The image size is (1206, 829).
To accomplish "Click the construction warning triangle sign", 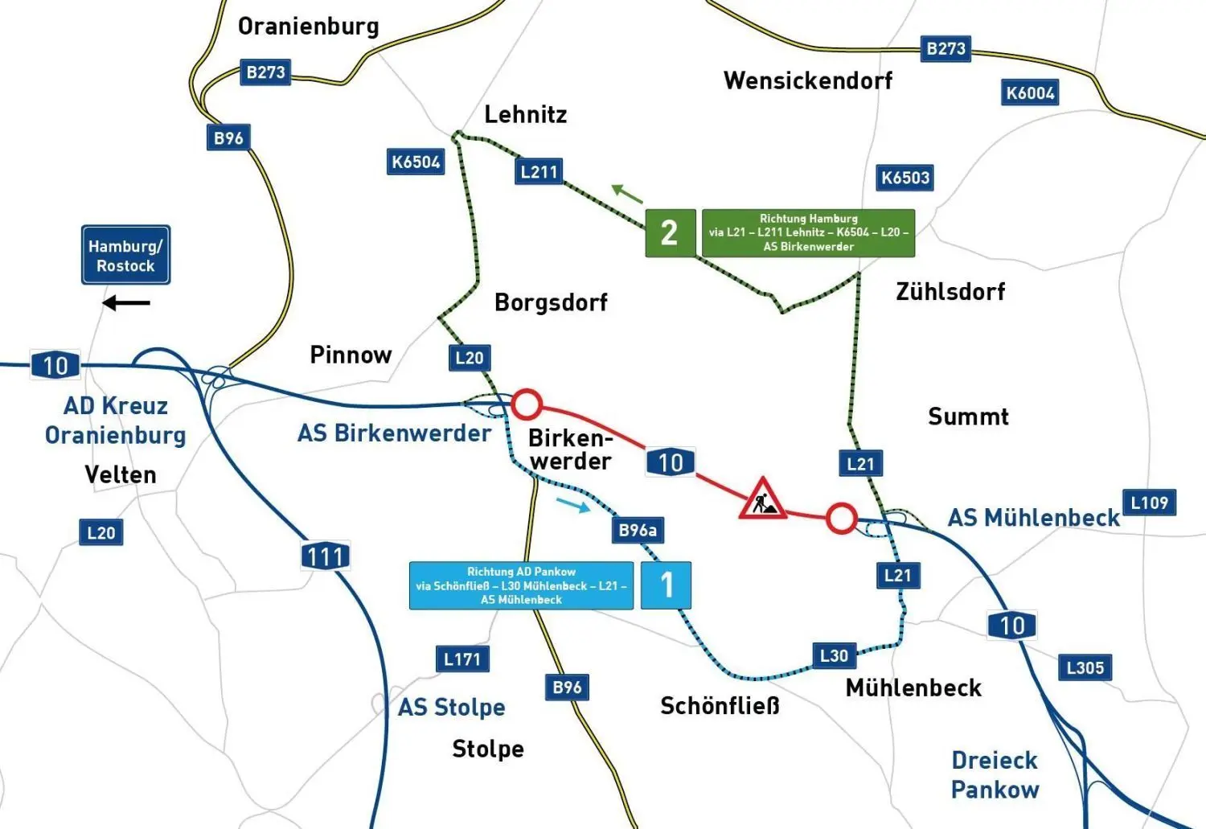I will pos(762,499).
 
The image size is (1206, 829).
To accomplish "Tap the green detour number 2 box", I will pos(670,233).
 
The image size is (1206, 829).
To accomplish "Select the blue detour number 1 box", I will pos(666,585).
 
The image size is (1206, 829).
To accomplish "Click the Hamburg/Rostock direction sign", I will pos(125,255).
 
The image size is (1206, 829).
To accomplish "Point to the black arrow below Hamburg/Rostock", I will pos(126,303).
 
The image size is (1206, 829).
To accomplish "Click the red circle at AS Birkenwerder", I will pos(527,404).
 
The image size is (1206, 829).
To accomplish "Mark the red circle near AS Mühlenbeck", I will pos(841,519).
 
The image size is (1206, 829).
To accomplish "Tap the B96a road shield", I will pos(638,530).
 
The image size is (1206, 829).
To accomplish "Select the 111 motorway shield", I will pos(326,556).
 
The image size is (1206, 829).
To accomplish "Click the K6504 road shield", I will pos(416,162).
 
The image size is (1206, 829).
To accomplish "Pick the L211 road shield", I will pos(539,171).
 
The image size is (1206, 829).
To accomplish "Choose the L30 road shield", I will pos(834,655).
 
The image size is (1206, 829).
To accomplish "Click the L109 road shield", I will pos(1149,503).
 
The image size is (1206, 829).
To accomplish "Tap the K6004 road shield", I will pos(1030,92).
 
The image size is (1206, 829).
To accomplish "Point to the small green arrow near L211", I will pos(627,194).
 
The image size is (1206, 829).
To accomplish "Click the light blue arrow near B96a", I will pos(572,504).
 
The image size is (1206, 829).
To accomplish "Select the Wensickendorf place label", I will pos(808,80).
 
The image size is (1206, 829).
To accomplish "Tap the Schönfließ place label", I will pos(720,706).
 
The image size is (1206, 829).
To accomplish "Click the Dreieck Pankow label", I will pos(995,774).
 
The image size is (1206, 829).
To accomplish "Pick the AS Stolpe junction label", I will pos(452,707).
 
